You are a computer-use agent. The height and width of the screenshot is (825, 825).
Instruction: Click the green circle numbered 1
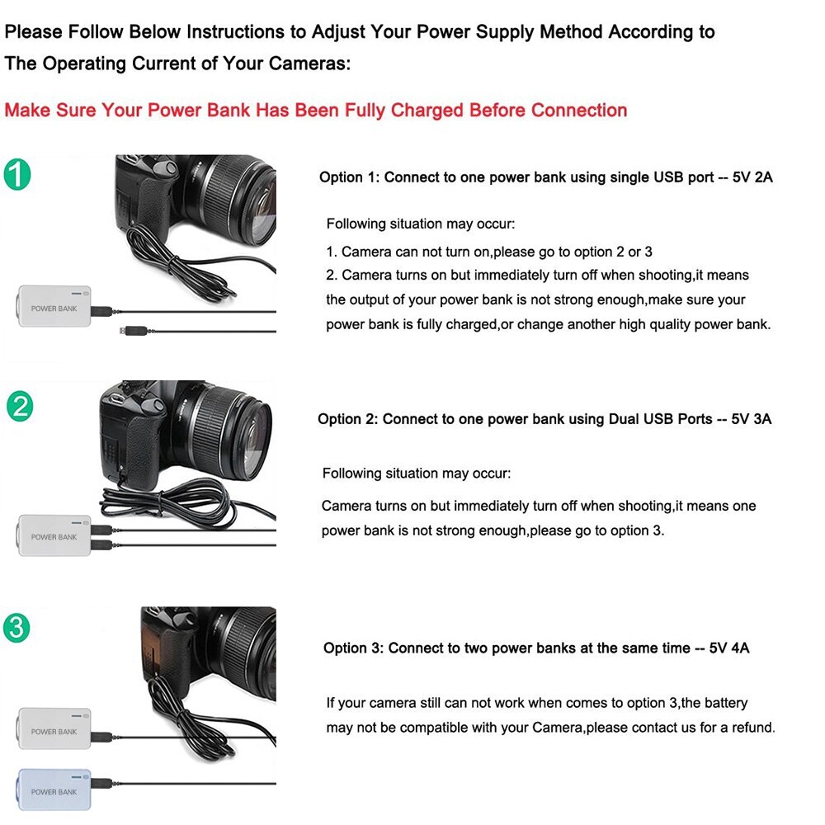pyautogui.click(x=17, y=175)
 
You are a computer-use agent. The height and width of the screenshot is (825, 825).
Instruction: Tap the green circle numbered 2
pyautogui.click(x=19, y=407)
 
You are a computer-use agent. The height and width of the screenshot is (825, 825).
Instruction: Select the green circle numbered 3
pyautogui.click(x=16, y=629)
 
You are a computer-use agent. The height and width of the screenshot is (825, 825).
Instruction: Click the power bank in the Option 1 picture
pyautogui.click(x=54, y=307)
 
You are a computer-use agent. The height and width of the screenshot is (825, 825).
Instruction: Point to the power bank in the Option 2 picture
pyautogui.click(x=54, y=535)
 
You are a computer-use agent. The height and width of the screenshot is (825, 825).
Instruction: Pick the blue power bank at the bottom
pyautogui.click(x=54, y=790)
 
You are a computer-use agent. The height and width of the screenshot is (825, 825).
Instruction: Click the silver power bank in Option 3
pyautogui.click(x=54, y=729)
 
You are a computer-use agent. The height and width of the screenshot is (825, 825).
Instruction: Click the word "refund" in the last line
pyautogui.click(x=753, y=728)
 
